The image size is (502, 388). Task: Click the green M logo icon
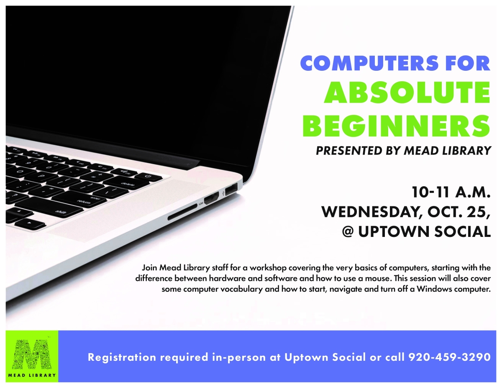pos(32,352)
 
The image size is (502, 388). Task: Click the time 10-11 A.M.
pos(451,193)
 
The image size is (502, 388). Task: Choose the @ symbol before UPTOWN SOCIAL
pos(348,231)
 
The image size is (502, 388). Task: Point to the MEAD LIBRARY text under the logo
pos(32,375)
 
